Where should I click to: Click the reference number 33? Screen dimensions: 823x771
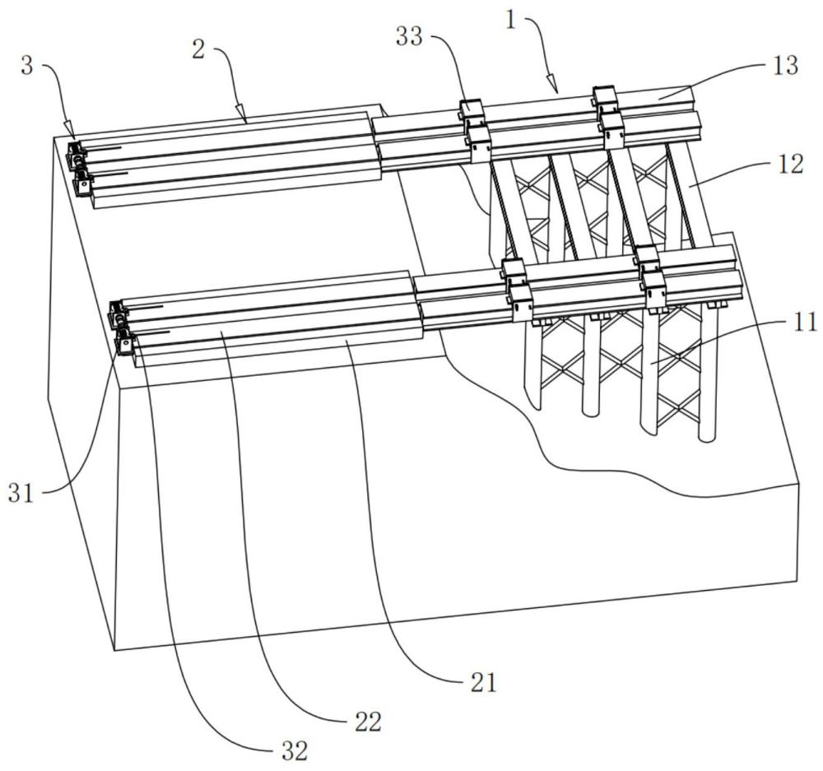tap(409, 37)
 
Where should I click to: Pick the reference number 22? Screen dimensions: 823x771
tap(368, 722)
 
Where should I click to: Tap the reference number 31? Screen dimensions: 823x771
tap(21, 494)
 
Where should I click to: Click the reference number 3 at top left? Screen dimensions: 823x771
tap(27, 67)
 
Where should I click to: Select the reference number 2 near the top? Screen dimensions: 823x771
tap(198, 50)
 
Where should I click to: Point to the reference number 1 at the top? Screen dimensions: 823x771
tap(512, 21)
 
